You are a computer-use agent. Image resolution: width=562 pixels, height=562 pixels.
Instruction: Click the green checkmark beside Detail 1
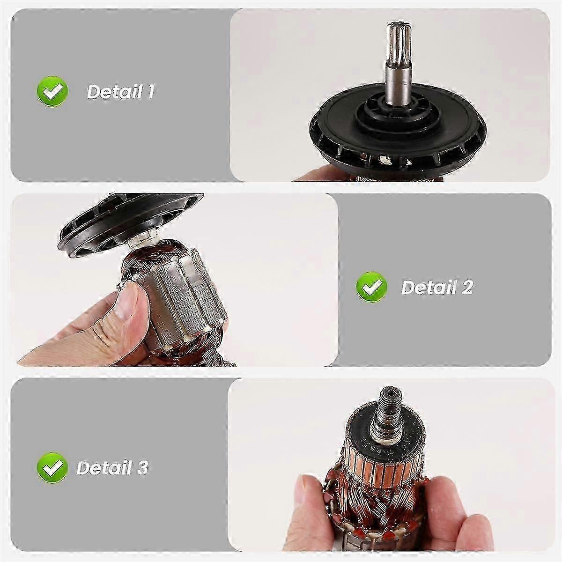pyautogui.click(x=52, y=91)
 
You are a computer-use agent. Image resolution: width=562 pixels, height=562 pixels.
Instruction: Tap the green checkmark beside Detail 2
pyautogui.click(x=372, y=287)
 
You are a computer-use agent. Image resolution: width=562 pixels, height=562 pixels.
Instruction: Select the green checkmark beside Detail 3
pyautogui.click(x=52, y=467)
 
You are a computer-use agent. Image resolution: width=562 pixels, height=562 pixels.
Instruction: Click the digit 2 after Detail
pyautogui.click(x=466, y=287)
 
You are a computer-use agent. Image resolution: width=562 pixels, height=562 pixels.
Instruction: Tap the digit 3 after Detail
pyautogui.click(x=142, y=467)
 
